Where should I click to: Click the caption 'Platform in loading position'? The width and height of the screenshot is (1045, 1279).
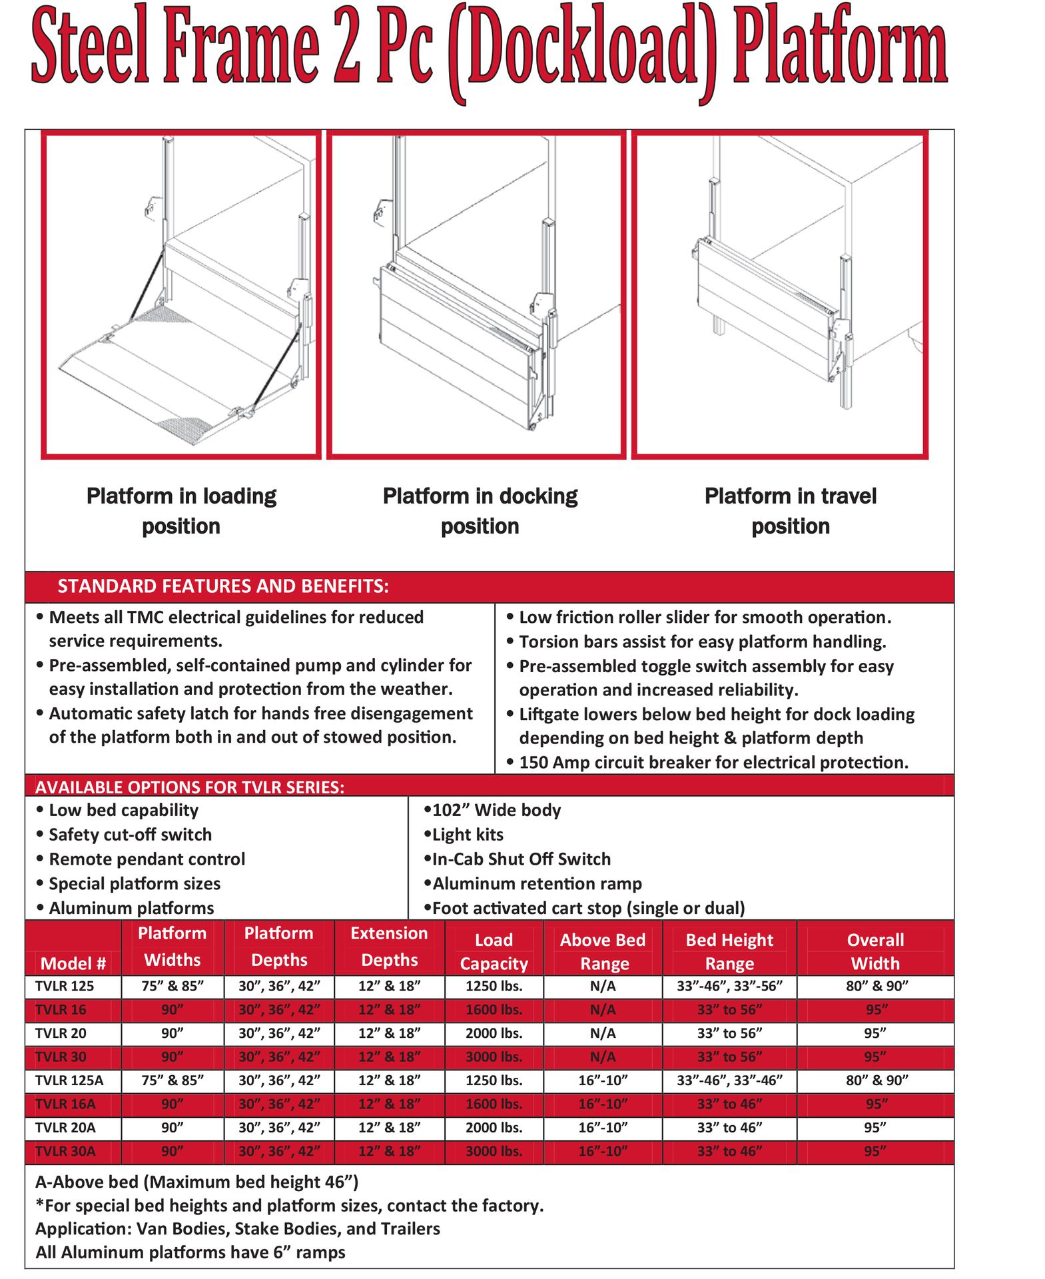point(181,511)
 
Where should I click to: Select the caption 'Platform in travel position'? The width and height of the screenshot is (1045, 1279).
point(790,511)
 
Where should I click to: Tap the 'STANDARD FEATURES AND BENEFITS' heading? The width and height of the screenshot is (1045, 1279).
point(223,586)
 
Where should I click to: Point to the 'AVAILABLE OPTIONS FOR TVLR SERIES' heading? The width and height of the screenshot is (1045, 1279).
point(190,787)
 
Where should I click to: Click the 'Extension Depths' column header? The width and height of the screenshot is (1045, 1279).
point(389,947)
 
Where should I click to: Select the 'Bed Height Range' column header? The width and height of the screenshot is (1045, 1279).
point(729,951)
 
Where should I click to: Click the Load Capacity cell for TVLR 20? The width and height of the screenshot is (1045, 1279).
point(494,1033)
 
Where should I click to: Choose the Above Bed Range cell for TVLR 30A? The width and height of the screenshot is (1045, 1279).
point(603,1151)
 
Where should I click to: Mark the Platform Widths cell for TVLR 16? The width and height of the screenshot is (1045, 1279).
point(172,1010)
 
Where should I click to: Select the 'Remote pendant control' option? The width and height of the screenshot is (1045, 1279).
point(147,859)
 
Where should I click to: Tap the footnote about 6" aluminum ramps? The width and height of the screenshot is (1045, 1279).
point(190,1252)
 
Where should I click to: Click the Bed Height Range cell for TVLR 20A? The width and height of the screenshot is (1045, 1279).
point(729,1128)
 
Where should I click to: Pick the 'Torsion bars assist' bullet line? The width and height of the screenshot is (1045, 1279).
point(702,641)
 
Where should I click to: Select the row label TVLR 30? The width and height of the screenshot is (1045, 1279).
point(61,1057)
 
